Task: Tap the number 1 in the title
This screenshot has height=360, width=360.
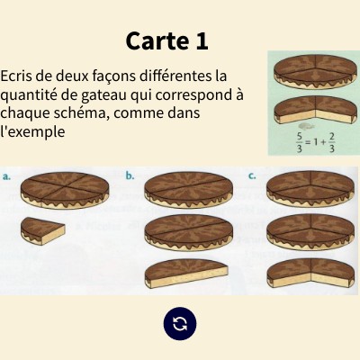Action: [x=202, y=40]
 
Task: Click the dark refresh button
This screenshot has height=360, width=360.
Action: [x=180, y=324]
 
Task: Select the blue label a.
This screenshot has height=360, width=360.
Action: [x=6, y=176]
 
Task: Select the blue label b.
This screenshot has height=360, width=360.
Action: [x=130, y=176]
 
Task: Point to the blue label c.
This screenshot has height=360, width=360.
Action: [x=252, y=176]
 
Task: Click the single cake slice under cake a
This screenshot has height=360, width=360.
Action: [x=43, y=230]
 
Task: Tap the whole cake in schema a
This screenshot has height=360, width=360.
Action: [x=65, y=191]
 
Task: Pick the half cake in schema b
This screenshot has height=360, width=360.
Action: [x=186, y=274]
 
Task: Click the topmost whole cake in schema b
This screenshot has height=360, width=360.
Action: [x=188, y=190]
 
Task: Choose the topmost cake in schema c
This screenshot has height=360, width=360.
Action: [x=310, y=190]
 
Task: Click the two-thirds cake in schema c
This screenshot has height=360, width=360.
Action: [x=310, y=273]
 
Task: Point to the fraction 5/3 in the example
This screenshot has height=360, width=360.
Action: [x=299, y=143]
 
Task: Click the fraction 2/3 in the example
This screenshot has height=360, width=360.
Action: [x=331, y=143]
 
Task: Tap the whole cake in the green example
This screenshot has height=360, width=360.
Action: [x=316, y=72]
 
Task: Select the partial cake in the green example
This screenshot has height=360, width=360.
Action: [x=316, y=110]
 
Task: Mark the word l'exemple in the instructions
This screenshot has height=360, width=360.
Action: [x=32, y=131]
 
